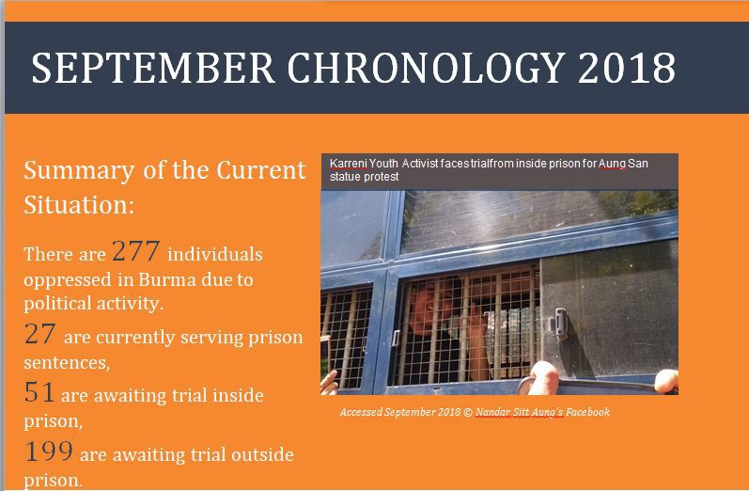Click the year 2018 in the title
(x=626, y=68)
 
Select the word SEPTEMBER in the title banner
(x=153, y=68)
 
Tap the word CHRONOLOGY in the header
(x=427, y=68)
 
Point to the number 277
(x=135, y=251)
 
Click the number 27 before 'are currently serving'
(x=40, y=334)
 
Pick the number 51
(x=39, y=392)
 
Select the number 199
(x=49, y=451)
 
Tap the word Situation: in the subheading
(x=79, y=205)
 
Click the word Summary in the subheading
(x=79, y=170)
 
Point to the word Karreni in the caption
(x=349, y=164)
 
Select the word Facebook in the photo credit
(x=588, y=412)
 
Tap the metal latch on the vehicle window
(x=561, y=324)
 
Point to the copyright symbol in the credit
(x=468, y=412)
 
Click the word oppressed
(x=68, y=280)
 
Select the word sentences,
(x=67, y=362)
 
